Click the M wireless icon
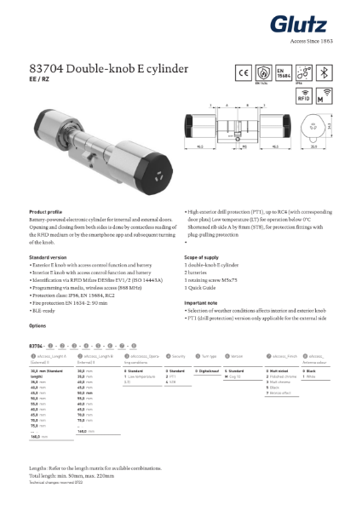point(324,97)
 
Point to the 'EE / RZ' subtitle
point(41,79)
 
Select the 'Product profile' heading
point(47,210)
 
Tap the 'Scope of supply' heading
point(206,256)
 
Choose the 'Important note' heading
point(204,302)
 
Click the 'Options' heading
point(37,326)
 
